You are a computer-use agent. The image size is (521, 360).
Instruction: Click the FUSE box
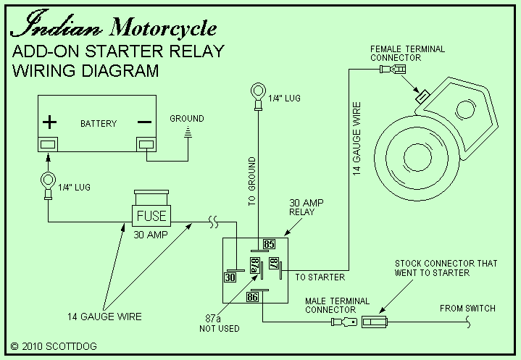(150, 216)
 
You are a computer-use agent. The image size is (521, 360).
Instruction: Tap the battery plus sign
(49, 121)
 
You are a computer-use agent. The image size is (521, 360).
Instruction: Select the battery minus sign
(145, 121)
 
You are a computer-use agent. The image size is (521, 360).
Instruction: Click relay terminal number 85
(268, 244)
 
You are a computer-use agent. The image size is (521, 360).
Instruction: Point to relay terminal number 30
(230, 276)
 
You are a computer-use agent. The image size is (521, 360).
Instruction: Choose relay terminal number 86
(253, 296)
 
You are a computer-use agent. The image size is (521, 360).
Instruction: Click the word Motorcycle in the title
(163, 28)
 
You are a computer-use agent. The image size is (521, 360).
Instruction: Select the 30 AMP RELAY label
(302, 207)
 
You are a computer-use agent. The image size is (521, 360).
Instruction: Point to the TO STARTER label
(320, 277)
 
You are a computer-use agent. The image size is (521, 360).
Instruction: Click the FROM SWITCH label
(467, 309)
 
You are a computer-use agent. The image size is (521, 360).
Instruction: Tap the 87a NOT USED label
(214, 324)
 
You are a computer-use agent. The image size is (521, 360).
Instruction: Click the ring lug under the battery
(47, 180)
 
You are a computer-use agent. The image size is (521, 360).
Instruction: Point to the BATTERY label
(99, 123)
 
